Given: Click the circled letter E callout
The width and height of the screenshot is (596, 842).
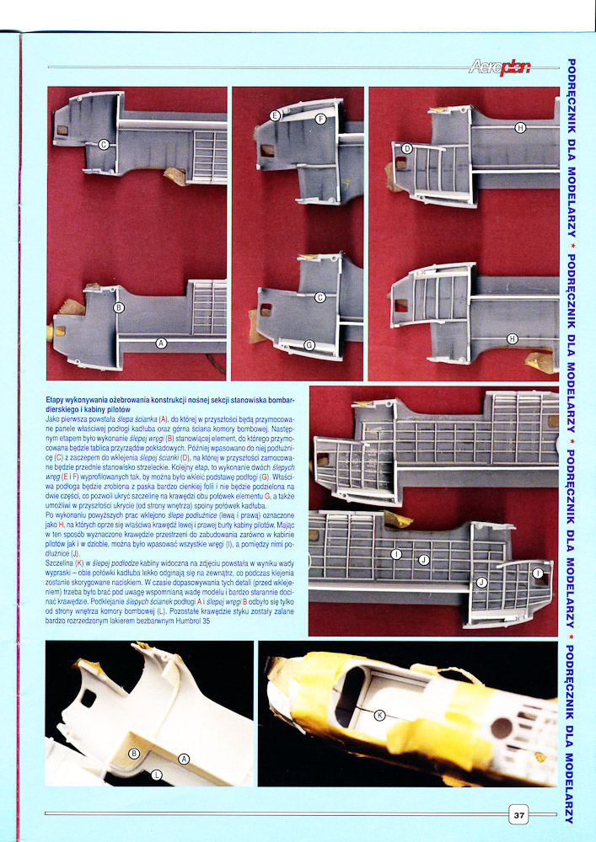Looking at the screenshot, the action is coord(275,116).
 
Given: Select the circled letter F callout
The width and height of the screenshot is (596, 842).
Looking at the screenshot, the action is coord(321,119).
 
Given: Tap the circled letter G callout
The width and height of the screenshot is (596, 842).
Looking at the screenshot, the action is coord(309,345).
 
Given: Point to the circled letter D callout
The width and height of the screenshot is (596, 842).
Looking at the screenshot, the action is coord(407,148).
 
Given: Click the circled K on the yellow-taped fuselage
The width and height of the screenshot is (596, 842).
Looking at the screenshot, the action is coord(379,715).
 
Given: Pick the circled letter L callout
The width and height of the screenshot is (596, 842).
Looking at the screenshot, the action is coord(157,775).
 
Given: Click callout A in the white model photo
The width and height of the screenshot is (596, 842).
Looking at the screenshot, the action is coord(184,759).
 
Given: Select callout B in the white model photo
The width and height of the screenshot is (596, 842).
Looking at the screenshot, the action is coord(135,754).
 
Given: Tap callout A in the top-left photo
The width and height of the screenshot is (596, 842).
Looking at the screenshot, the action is coord(161,343).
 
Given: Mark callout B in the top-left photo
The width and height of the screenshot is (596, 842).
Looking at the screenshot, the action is coord(119,307).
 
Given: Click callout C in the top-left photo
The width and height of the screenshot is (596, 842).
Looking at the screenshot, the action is coord(105,144).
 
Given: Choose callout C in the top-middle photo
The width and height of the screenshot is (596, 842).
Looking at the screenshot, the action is coord(320,297).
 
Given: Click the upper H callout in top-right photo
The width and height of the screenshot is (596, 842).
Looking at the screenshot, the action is coord(519,127).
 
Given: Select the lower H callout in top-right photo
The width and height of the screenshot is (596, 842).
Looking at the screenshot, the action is coord(513,338).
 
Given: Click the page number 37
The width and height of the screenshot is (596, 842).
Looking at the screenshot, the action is coord(518,814).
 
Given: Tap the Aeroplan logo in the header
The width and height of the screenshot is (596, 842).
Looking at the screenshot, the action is coord(500,67).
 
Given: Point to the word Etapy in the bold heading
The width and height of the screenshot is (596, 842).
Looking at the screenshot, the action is coord(55,401).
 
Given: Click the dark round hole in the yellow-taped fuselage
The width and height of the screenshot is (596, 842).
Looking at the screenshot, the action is coord(502,727).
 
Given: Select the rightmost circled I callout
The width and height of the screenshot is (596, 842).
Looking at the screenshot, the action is coord(539,573).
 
